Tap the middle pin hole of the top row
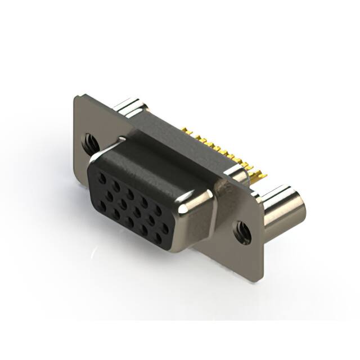pyautogui.click(x=129, y=194)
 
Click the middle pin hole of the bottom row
pyautogui.click(x=130, y=222)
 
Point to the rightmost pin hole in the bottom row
pyautogui.click(x=158, y=237)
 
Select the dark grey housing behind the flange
pyautogui.click(x=169, y=135)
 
